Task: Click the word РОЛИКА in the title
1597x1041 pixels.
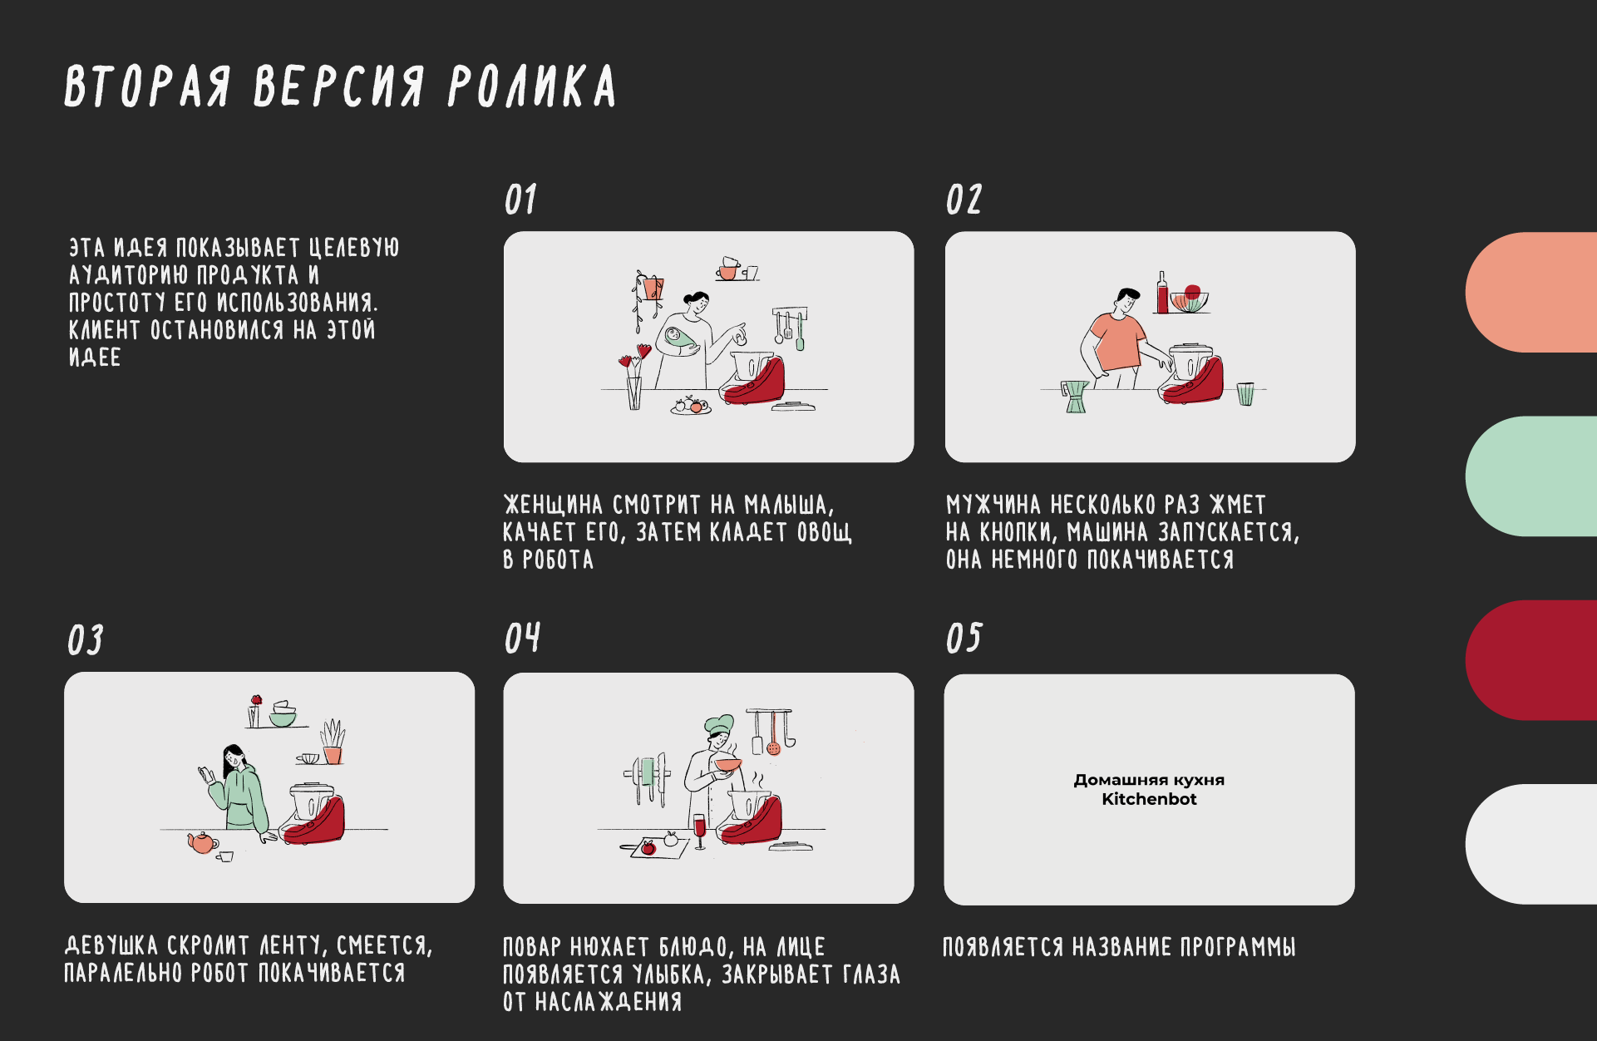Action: [x=533, y=86]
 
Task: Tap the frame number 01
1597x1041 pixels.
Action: [x=520, y=200]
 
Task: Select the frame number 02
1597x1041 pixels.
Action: [x=964, y=200]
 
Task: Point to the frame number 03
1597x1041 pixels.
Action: [x=85, y=639]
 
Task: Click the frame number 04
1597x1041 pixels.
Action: [x=522, y=638]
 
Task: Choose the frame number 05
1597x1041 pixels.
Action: [x=964, y=638]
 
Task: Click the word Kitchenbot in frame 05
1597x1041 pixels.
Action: [x=1149, y=799]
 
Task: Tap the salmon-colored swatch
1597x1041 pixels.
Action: [x=1530, y=292]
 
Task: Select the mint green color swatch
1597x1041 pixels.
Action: [x=1530, y=476]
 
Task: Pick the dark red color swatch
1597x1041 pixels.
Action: [x=1530, y=660]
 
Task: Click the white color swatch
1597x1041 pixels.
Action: [x=1530, y=844]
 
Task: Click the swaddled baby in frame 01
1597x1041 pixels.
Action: [x=680, y=339]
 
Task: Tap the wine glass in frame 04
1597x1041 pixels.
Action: [x=699, y=831]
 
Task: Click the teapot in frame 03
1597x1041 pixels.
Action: [x=202, y=842]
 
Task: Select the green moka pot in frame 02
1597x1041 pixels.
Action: [x=1075, y=397]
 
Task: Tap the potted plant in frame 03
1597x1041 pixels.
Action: [x=333, y=742]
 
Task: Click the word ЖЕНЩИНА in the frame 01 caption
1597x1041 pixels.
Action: [x=553, y=505]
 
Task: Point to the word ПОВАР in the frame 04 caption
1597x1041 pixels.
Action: [x=532, y=947]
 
